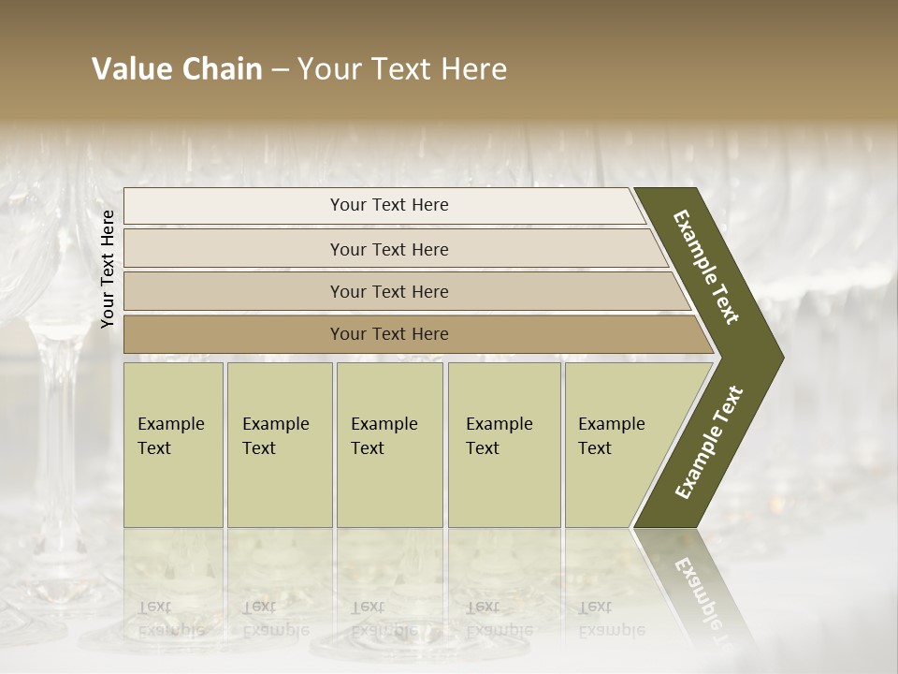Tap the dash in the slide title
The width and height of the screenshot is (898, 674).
pyautogui.click(x=280, y=70)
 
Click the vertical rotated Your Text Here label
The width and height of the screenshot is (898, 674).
pyautogui.click(x=108, y=269)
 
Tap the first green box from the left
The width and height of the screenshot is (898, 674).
pyautogui.click(x=173, y=445)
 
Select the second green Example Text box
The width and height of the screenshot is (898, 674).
pyautogui.click(x=280, y=445)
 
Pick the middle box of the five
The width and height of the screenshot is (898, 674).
pyautogui.click(x=389, y=445)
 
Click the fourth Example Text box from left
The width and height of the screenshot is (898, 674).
pyautogui.click(x=504, y=445)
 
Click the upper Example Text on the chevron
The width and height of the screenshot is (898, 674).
pyautogui.click(x=706, y=267)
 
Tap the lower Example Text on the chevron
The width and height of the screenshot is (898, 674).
pyautogui.click(x=709, y=443)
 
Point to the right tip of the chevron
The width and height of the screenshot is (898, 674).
pyautogui.click(x=782, y=358)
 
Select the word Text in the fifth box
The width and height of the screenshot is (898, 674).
pyautogui.click(x=595, y=448)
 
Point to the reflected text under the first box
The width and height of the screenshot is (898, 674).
pyautogui.click(x=171, y=618)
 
